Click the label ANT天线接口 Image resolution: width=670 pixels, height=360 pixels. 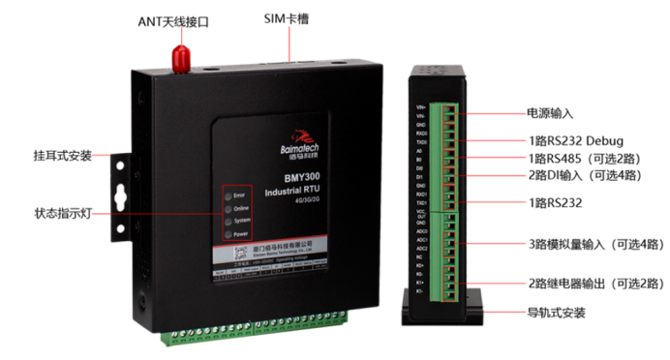pos(172,20)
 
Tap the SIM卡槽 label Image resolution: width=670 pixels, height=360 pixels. pos(286,19)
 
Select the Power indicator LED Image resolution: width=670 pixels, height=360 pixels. pos(228,233)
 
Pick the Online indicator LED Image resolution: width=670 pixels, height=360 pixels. pos(228,208)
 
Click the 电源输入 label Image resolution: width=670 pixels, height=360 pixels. pos(549,113)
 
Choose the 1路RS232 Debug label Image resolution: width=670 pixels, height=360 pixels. pos(575,139)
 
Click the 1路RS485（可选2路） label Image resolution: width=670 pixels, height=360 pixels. pos(585,158)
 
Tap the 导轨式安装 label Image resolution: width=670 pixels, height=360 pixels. pos(557,313)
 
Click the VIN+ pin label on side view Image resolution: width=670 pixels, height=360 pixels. pos(420,106)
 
